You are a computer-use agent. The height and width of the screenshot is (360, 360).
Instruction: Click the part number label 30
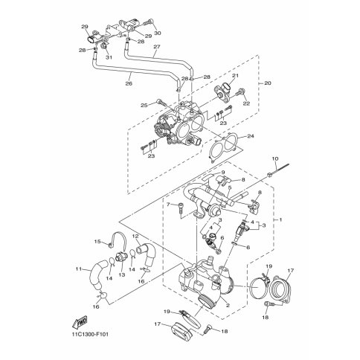(158, 33)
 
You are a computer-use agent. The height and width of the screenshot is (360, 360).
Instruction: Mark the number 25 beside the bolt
(139, 103)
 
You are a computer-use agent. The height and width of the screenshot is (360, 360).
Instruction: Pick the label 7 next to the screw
(169, 204)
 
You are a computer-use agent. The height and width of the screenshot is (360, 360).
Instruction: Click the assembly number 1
(280, 222)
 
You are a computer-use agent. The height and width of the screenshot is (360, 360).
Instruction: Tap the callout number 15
(96, 242)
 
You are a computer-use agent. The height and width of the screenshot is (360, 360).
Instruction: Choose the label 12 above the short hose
(136, 237)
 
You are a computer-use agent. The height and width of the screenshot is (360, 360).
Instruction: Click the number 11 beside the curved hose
(78, 269)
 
